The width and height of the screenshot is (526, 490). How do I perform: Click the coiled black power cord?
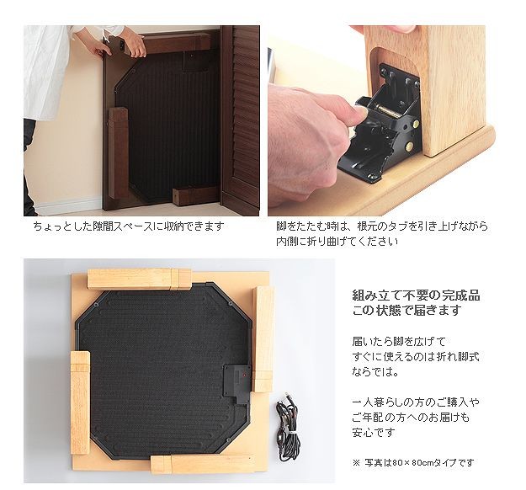pyautogui.click(x=288, y=428)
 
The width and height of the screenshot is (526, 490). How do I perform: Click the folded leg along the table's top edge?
pyautogui.click(x=139, y=279)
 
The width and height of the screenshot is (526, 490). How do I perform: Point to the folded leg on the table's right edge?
pyautogui.click(x=263, y=339)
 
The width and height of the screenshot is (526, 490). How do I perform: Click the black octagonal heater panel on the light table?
pyautogui.click(x=163, y=371)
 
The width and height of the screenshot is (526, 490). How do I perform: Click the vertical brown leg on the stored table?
pyautogui.click(x=118, y=152)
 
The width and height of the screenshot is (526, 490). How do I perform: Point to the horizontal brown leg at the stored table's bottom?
pyautogui.click(x=195, y=196)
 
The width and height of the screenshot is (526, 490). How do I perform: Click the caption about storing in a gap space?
pyautogui.click(x=129, y=226)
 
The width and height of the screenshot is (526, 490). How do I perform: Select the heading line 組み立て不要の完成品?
pyautogui.click(x=416, y=296)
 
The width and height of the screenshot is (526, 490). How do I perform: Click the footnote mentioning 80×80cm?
pyautogui.click(x=413, y=463)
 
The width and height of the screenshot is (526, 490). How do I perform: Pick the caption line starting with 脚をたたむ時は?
pyautogui.click(x=382, y=226)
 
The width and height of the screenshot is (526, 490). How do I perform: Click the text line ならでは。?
pyautogui.click(x=375, y=371)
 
